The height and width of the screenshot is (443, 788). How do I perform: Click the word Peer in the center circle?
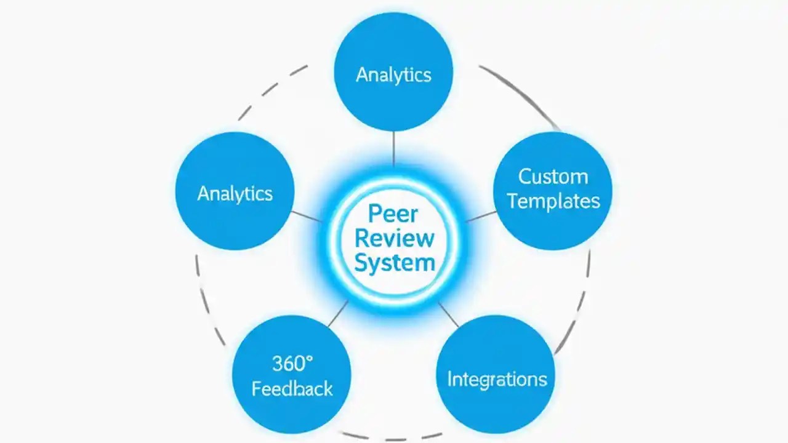[393, 214]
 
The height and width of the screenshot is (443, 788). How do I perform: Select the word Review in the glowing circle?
[395, 238]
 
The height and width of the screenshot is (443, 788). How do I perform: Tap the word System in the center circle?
[395, 263]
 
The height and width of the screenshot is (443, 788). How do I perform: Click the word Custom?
[553, 177]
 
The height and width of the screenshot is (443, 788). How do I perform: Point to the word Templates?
[553, 201]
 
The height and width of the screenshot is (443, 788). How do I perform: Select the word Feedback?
[292, 388]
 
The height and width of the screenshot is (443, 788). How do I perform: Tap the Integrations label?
[497, 378]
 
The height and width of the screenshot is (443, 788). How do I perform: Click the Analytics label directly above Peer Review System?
[393, 74]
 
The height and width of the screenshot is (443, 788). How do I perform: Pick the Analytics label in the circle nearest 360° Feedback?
[235, 194]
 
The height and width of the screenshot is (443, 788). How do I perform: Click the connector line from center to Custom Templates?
[481, 216]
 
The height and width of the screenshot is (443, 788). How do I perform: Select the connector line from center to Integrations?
[448, 314]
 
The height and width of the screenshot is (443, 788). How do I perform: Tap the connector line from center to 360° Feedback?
[338, 314]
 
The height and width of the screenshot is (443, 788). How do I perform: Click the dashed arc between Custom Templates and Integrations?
[582, 301]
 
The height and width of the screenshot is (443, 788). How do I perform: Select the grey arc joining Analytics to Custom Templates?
[520, 92]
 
